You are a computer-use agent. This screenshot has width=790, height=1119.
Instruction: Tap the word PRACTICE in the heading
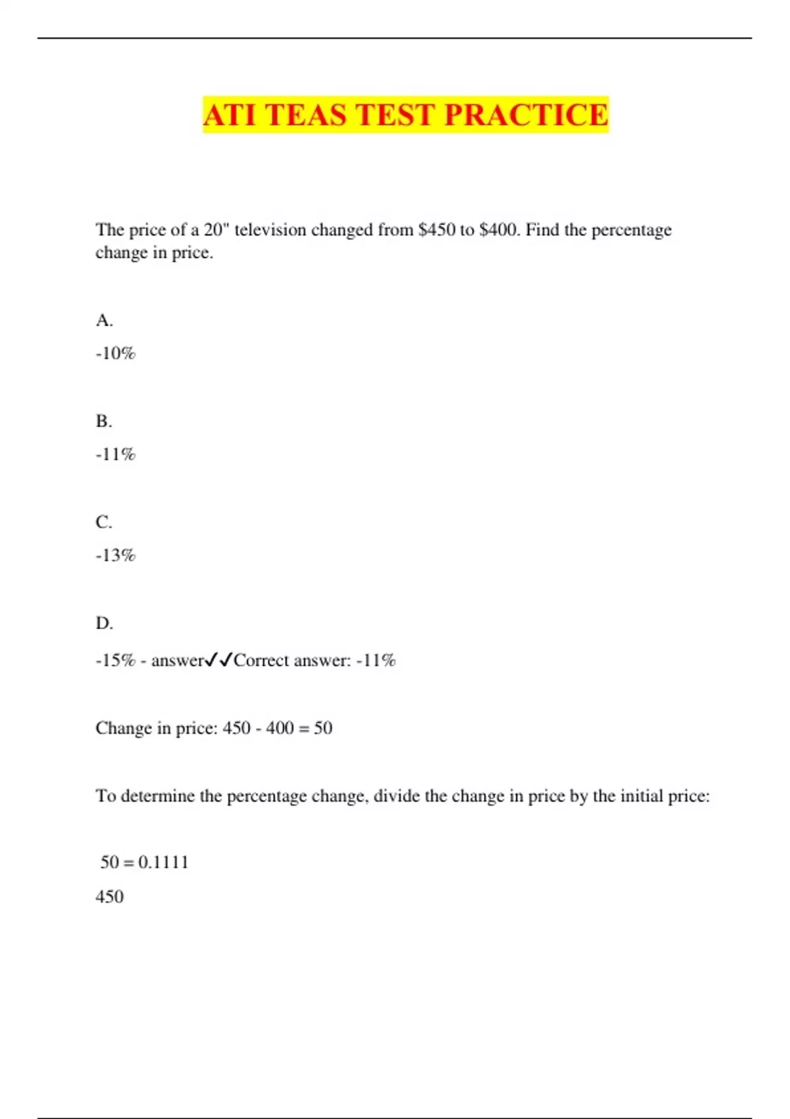pyautogui.click(x=525, y=115)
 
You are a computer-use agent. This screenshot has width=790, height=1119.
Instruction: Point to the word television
pyautogui.click(x=270, y=230)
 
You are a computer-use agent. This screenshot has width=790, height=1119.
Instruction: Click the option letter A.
pyautogui.click(x=104, y=321)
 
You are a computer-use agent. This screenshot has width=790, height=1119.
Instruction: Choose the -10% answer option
pyautogui.click(x=115, y=353)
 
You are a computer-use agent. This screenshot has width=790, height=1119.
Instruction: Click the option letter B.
pyautogui.click(x=104, y=421)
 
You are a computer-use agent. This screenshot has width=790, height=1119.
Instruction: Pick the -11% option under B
pyautogui.click(x=115, y=454)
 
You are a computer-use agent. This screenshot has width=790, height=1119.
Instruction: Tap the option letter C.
pyautogui.click(x=104, y=522)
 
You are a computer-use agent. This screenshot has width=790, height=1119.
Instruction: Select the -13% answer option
pyautogui.click(x=115, y=556)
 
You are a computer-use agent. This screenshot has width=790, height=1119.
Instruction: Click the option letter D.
pyautogui.click(x=104, y=623)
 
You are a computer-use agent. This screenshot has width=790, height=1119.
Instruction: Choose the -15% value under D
pyautogui.click(x=115, y=660)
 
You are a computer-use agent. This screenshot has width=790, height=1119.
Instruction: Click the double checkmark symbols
pyautogui.click(x=219, y=660)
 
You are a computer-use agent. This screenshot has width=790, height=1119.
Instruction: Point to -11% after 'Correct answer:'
pyautogui.click(x=376, y=660)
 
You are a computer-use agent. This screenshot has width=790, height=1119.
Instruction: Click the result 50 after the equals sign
pyautogui.click(x=323, y=728)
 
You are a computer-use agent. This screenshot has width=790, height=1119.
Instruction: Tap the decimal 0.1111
pyautogui.click(x=163, y=862)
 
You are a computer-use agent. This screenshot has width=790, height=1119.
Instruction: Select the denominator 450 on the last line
pyautogui.click(x=109, y=897)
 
